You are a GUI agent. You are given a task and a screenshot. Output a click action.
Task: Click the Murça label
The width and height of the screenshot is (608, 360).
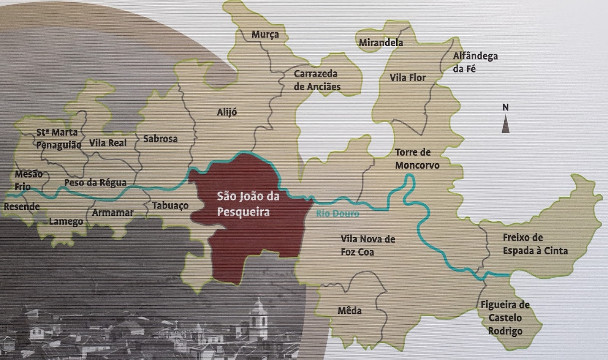click(x=265, y=35)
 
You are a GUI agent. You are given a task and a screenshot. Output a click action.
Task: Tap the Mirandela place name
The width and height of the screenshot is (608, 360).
click(x=381, y=43)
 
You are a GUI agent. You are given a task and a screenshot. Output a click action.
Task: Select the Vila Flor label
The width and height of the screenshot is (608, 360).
click(x=408, y=78)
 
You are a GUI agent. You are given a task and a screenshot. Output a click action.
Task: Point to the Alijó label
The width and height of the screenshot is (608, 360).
click(x=227, y=112)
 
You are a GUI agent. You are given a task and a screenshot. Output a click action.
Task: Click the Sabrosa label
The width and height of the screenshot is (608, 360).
click(x=160, y=139)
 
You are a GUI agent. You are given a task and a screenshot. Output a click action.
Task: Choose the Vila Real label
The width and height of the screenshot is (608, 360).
click(x=108, y=143)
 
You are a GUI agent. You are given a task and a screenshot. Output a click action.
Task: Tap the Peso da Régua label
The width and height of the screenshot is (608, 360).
click(x=95, y=183)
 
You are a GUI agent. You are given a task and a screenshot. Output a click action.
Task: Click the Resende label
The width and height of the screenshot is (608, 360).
click(x=22, y=207)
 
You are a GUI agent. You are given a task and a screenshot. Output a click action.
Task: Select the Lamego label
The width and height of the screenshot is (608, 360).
click(x=66, y=221)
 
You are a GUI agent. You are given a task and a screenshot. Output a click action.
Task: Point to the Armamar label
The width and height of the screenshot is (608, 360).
click(x=112, y=212)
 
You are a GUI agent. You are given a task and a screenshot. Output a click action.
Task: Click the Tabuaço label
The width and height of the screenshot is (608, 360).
click(x=170, y=205)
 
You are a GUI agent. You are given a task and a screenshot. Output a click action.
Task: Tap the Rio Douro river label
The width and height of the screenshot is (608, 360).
click(x=337, y=213)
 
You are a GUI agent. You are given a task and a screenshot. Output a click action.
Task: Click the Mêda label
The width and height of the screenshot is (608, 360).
click(x=350, y=311)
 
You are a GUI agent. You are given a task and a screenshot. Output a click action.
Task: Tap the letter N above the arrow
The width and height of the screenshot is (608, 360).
click(x=505, y=107)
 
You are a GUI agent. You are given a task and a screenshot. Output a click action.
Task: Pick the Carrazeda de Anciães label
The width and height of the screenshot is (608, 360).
click(x=317, y=80)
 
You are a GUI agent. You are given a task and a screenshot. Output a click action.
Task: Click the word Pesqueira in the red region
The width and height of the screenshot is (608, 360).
click(x=243, y=212)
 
